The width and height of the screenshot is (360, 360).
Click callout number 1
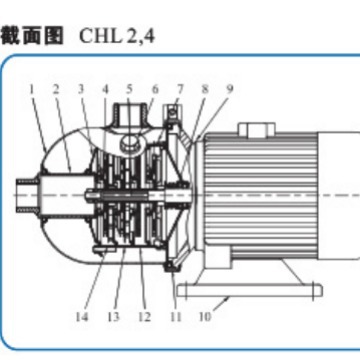pos(32,89)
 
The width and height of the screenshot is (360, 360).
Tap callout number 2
pos(56,89)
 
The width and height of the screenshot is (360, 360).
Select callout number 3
pos(82,89)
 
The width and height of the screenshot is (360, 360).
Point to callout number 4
pos(104,89)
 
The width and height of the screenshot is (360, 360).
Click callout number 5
pos(129,89)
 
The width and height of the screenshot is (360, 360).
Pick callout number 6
pos(153,89)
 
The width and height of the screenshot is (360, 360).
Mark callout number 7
pos(179,89)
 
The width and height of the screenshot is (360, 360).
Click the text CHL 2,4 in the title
pos(119,37)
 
